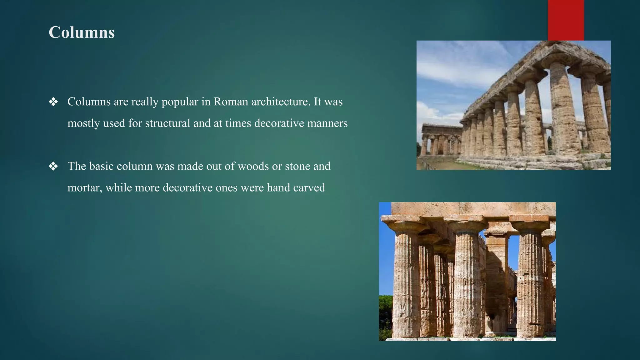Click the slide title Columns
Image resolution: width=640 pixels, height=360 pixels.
click(82, 32)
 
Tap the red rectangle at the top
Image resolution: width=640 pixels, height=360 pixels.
click(566, 20)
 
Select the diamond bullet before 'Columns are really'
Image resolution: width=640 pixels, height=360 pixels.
click(53, 102)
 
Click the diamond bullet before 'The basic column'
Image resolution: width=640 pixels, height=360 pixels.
click(53, 166)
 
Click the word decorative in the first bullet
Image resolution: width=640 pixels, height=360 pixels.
click(279, 123)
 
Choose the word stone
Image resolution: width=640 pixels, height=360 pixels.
click(297, 166)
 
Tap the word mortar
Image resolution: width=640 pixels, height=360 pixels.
click(84, 187)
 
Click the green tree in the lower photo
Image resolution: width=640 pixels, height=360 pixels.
click(385, 316)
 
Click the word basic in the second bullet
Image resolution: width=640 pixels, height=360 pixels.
click(101, 166)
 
